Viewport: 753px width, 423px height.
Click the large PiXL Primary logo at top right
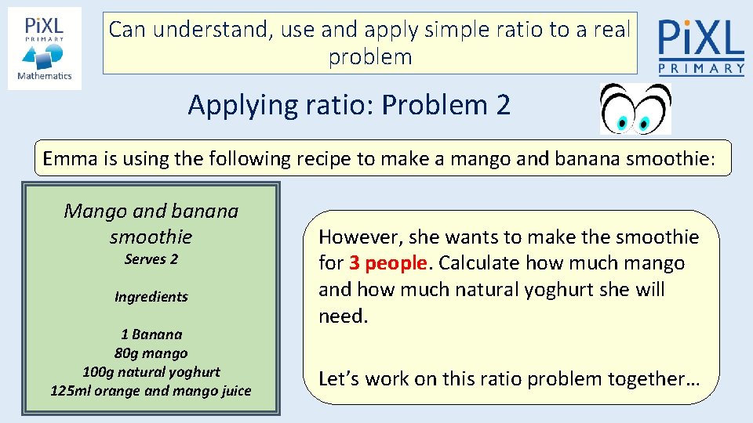pos(700,47)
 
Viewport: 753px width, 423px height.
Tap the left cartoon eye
pos(619,110)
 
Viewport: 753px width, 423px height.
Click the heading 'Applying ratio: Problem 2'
pos(349,104)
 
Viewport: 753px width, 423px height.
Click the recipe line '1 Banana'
pos(151,334)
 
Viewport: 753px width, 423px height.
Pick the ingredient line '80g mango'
pos(151,353)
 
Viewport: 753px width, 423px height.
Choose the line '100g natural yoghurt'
pos(151,372)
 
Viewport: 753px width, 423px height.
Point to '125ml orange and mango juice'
pos(151,391)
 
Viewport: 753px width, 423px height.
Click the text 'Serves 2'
pos(151,259)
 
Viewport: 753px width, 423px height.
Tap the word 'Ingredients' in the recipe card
pos(151,297)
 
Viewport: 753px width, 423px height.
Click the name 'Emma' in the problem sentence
pos(67,159)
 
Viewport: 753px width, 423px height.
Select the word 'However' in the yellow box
pos(353,237)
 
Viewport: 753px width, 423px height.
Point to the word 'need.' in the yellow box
pos(343,316)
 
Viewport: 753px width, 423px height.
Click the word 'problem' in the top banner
pos(370,57)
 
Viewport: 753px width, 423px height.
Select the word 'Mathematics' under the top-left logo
pos(45,76)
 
